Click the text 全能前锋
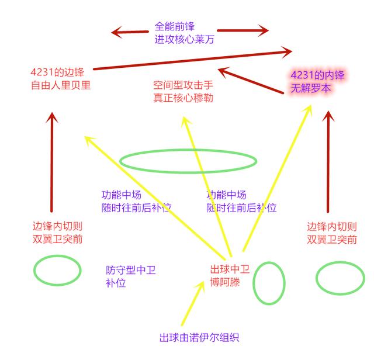coord(175,26)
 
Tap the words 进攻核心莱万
coord(185,39)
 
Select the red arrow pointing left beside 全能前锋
coord(130,32)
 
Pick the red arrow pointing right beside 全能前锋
coord(243,30)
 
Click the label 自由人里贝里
coord(61,85)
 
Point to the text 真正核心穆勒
coord(183,98)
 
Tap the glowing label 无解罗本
coord(311,88)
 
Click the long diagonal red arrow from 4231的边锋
coord(192,60)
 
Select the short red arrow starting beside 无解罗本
coord(251,81)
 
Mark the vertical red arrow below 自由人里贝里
coord(51,162)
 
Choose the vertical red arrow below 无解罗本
coord(328,162)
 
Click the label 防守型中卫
coord(131,270)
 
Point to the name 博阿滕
coord(225,282)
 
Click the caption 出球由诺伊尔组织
coord(199,338)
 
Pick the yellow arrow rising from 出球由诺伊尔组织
coord(193,303)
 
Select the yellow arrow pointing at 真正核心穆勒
coord(207,186)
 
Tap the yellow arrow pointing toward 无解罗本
coord(277,178)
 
